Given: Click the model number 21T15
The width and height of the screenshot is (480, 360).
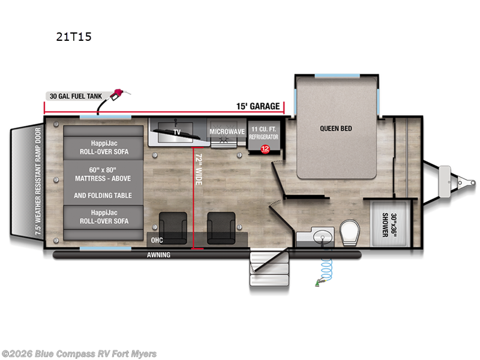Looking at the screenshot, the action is point(74,37).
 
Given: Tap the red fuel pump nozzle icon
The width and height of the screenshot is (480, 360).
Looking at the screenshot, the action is point(119,94).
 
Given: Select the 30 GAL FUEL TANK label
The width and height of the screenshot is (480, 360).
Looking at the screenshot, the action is point(76,96).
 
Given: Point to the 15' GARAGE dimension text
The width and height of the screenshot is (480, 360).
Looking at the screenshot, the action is point(258,106).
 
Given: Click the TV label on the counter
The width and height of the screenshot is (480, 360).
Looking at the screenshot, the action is point(177,132).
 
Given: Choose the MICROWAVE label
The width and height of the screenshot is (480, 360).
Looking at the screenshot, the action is point(227,131).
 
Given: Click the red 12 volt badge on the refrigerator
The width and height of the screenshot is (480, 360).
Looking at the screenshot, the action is point(265,149).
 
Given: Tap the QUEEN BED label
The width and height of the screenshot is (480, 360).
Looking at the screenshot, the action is point(336,128).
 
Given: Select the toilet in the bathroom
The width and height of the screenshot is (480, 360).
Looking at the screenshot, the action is point(349,232).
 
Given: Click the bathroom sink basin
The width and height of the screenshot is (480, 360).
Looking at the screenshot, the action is point(323,237).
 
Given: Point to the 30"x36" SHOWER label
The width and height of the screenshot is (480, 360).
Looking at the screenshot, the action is point(389,225).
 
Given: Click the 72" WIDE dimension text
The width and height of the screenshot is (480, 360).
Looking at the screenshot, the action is point(199,169).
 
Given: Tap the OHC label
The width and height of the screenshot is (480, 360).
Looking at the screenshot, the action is point(157,241).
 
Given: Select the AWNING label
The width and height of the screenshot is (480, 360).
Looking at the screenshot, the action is point(158,254).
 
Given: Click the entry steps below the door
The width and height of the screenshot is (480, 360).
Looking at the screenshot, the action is point(269,268).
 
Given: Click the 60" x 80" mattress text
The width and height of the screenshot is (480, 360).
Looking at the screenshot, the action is point(103,170).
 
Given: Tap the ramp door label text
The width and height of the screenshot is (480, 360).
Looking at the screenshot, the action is point(38,181).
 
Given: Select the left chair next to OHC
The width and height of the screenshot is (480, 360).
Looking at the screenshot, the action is point(173,228).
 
